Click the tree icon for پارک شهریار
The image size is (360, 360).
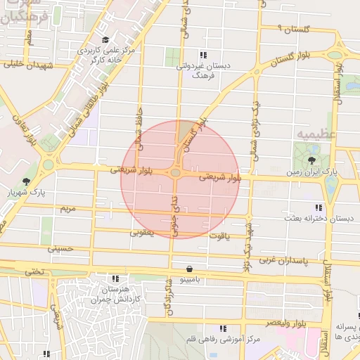[x=27, y=181]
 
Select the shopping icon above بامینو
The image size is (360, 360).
[x=189, y=269]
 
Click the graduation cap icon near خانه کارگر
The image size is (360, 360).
[x=105, y=40]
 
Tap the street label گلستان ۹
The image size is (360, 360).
[x=293, y=30]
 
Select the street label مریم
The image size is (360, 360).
[x=67, y=210]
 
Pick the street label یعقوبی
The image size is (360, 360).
[x=142, y=233]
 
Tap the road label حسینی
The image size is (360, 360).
[x=59, y=248]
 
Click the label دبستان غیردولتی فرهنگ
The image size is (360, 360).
[x=203, y=69]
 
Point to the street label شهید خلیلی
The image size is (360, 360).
[x=30, y=64]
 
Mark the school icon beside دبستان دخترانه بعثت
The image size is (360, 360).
[x=319, y=207]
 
